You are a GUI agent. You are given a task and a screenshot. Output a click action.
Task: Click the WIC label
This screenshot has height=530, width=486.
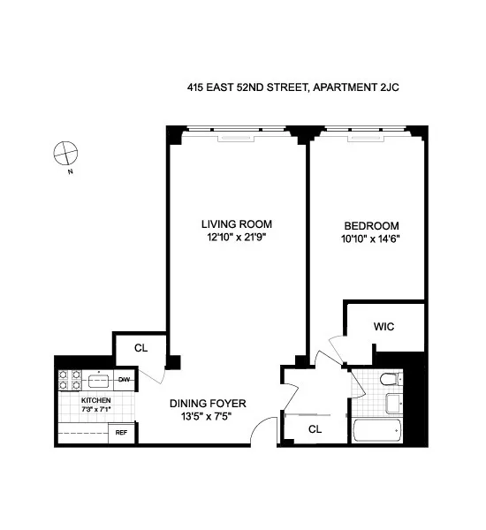coord(383,327)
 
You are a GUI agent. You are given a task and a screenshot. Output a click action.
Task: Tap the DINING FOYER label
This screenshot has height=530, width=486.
coord(209,404)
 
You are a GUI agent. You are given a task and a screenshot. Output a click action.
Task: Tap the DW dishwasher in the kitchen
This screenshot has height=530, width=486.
coord(125,381)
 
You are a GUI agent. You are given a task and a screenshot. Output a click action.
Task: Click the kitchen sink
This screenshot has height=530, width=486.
coord(98,381)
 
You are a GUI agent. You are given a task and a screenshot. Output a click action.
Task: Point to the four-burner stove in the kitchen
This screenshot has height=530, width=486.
coord(71,381)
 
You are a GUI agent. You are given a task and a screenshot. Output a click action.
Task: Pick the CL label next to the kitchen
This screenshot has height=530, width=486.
coord(140,348)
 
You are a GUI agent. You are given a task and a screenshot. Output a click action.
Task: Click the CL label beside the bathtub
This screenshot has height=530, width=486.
coord(315,429)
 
